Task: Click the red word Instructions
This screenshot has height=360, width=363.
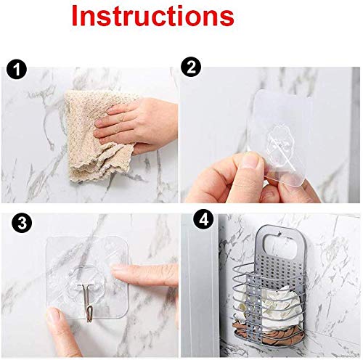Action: [153, 16]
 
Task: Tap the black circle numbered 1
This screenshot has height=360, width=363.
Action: [17, 69]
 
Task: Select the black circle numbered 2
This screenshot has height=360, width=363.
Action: [191, 67]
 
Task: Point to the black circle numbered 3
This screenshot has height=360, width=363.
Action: [22, 223]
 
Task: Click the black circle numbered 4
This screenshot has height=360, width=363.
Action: [203, 220]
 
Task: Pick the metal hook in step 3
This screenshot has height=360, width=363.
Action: [89, 303]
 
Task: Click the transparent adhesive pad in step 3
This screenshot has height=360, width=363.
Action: [86, 277]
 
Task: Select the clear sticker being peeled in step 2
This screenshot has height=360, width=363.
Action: [281, 136]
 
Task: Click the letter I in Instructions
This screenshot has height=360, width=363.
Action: [75, 16]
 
